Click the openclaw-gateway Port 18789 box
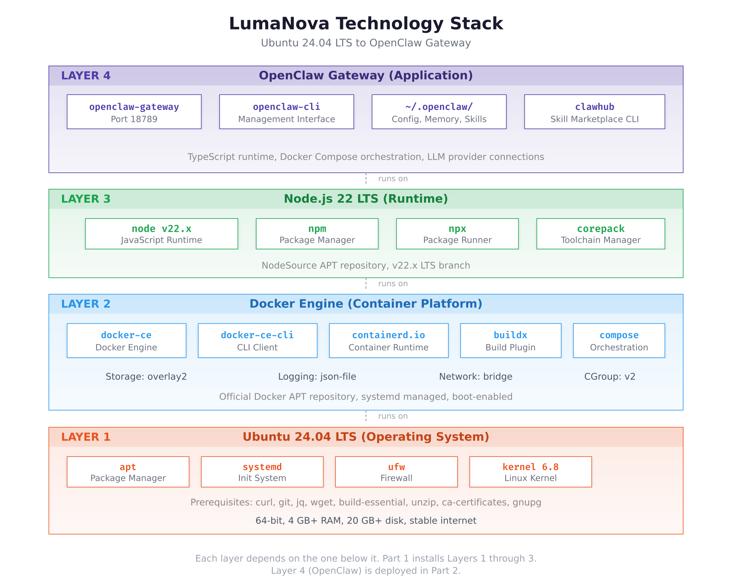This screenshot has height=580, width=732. point(134,112)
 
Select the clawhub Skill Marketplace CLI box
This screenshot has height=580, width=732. point(594,112)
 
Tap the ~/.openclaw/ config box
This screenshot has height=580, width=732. point(439,112)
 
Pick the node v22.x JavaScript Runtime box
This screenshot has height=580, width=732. point(162,234)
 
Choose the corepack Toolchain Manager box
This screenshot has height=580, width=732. point(600,234)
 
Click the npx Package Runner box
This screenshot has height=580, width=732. point(457,234)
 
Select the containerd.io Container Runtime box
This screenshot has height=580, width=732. point(388,341)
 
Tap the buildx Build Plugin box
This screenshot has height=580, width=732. point(510,341)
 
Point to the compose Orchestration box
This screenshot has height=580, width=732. point(619,341)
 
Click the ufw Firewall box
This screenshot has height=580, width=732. point(396,472)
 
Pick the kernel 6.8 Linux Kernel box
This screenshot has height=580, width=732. point(530,472)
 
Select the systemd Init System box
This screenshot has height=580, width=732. point(262,472)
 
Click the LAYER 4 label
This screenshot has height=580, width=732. point(86,76)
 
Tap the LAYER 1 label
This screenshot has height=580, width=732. point(86,437)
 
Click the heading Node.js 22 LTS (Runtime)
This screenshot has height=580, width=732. point(366,199)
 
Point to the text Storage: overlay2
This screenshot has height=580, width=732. point(146,377)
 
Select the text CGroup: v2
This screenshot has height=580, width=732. point(609,377)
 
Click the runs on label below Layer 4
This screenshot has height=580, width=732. point(393,179)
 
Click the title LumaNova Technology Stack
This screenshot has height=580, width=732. point(366,23)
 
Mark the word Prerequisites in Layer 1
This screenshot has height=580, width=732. point(221,502)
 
